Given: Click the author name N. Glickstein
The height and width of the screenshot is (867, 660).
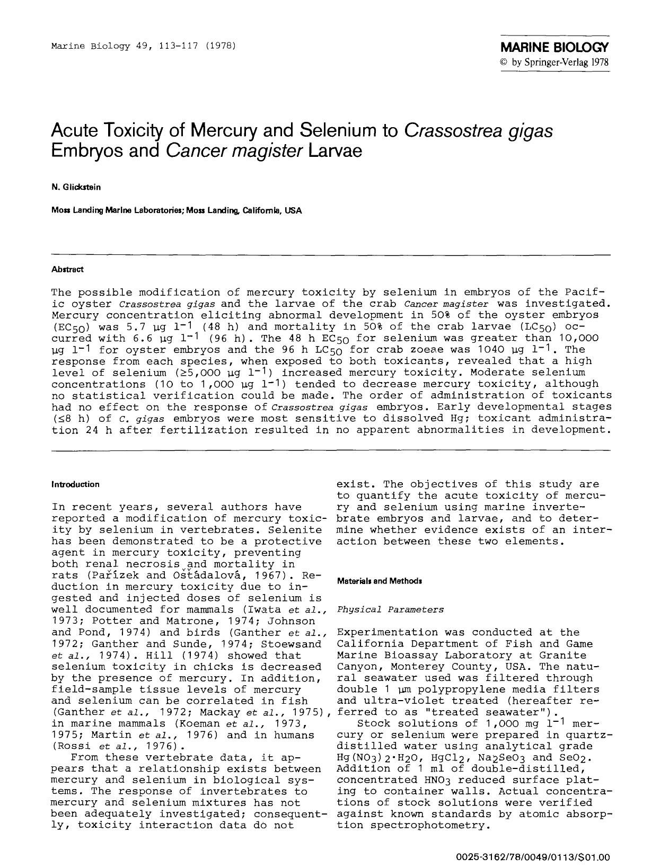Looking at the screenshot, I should pos(76,187).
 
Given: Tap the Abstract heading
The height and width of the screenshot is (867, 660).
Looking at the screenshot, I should pos(67,269).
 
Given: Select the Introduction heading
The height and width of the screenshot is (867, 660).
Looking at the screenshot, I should pos(75,484).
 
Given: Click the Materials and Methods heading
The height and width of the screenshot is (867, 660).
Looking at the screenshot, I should pos(380,581).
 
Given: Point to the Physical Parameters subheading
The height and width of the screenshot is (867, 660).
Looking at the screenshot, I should pos(390,609).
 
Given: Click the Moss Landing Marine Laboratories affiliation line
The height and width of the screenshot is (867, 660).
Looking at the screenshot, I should pos(177,210).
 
